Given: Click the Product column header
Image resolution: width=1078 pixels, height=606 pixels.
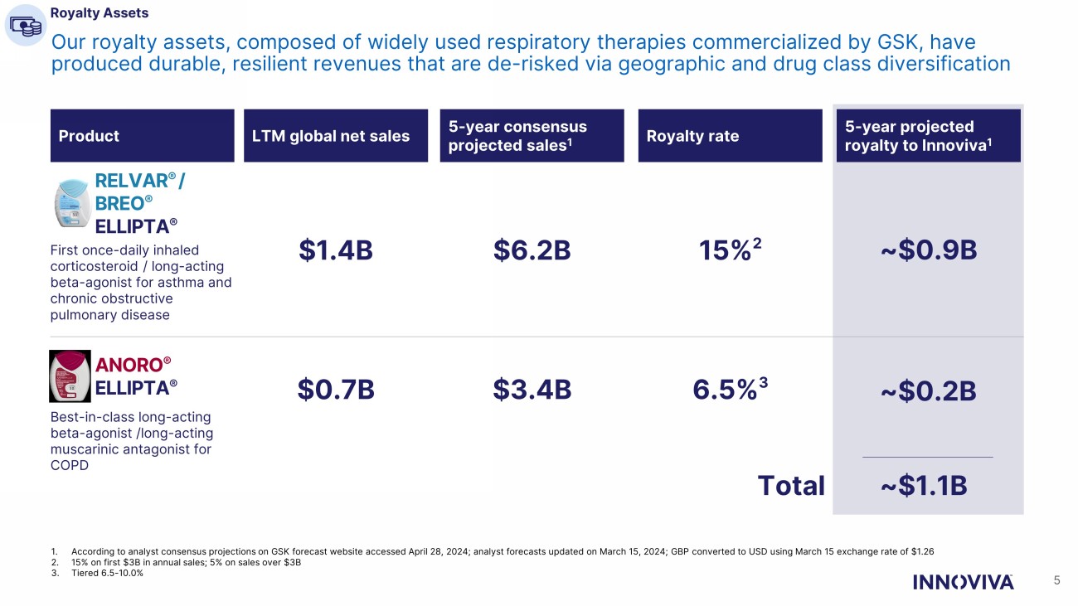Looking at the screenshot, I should (x=142, y=136).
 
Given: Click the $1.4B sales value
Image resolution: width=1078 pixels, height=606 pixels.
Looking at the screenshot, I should (x=335, y=250).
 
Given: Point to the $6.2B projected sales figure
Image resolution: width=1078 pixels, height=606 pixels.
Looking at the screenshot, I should (x=532, y=250).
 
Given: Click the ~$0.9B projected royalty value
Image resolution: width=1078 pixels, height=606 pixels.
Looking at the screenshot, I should (x=927, y=250).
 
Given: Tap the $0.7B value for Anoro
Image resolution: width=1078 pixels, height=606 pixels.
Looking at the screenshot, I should (x=335, y=389).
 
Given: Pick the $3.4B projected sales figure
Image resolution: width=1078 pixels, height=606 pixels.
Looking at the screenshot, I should (x=532, y=389).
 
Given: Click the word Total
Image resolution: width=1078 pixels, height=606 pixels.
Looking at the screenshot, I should (x=791, y=486).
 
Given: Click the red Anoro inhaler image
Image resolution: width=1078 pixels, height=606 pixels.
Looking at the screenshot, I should (x=70, y=376).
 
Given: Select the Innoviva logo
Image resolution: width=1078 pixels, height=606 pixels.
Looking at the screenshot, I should (x=963, y=581).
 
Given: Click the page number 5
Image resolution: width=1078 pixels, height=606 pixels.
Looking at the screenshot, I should (x=1056, y=580).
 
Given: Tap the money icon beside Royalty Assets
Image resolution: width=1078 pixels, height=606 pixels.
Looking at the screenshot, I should (x=25, y=25).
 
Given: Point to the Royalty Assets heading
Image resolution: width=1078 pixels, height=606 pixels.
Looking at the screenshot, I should (x=100, y=13).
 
